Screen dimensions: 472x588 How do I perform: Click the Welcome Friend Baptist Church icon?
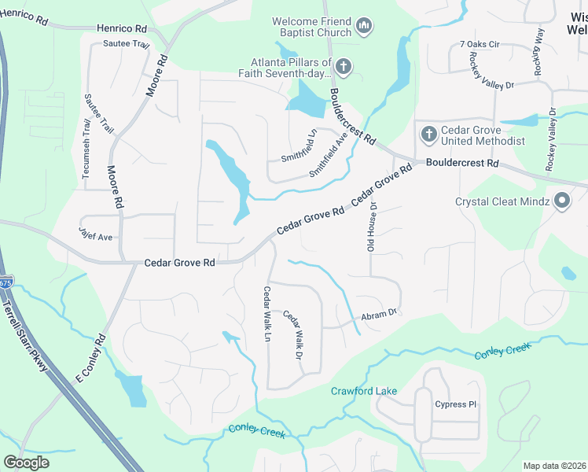(363, 28)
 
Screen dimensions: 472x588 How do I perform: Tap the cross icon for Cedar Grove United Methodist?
(429, 134)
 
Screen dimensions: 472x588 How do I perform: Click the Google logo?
(27, 463)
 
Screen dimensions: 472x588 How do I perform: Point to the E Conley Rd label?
(91, 361)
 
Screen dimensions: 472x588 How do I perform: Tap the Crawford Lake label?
(363, 391)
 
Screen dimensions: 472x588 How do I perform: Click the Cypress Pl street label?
(456, 404)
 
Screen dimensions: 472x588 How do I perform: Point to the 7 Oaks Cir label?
(480, 45)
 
